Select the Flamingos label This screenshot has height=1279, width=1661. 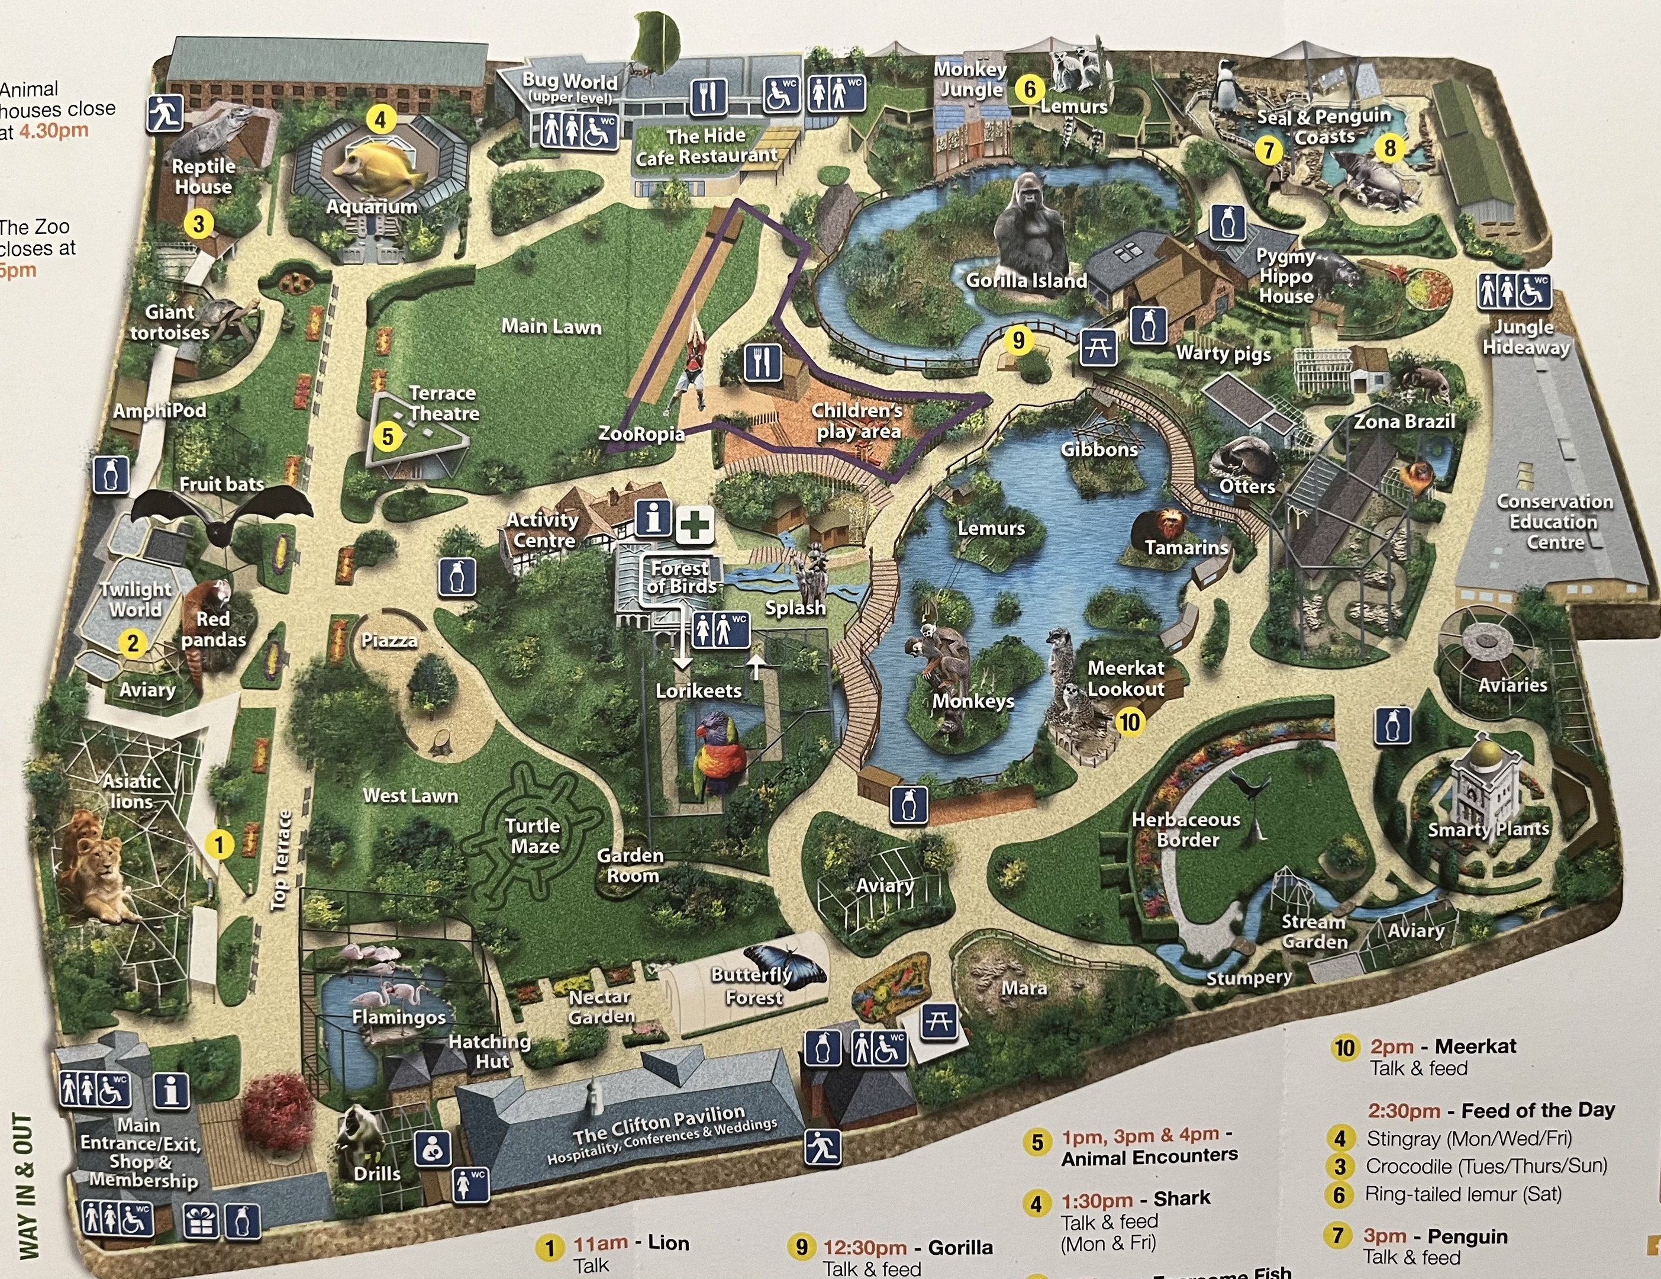coord(398,1017)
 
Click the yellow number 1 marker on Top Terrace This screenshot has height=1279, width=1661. coord(220,844)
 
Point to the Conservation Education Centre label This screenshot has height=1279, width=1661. coord(1554,522)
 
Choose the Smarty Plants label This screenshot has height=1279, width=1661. coord(1488,828)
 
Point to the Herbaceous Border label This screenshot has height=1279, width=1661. coord(1186,830)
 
